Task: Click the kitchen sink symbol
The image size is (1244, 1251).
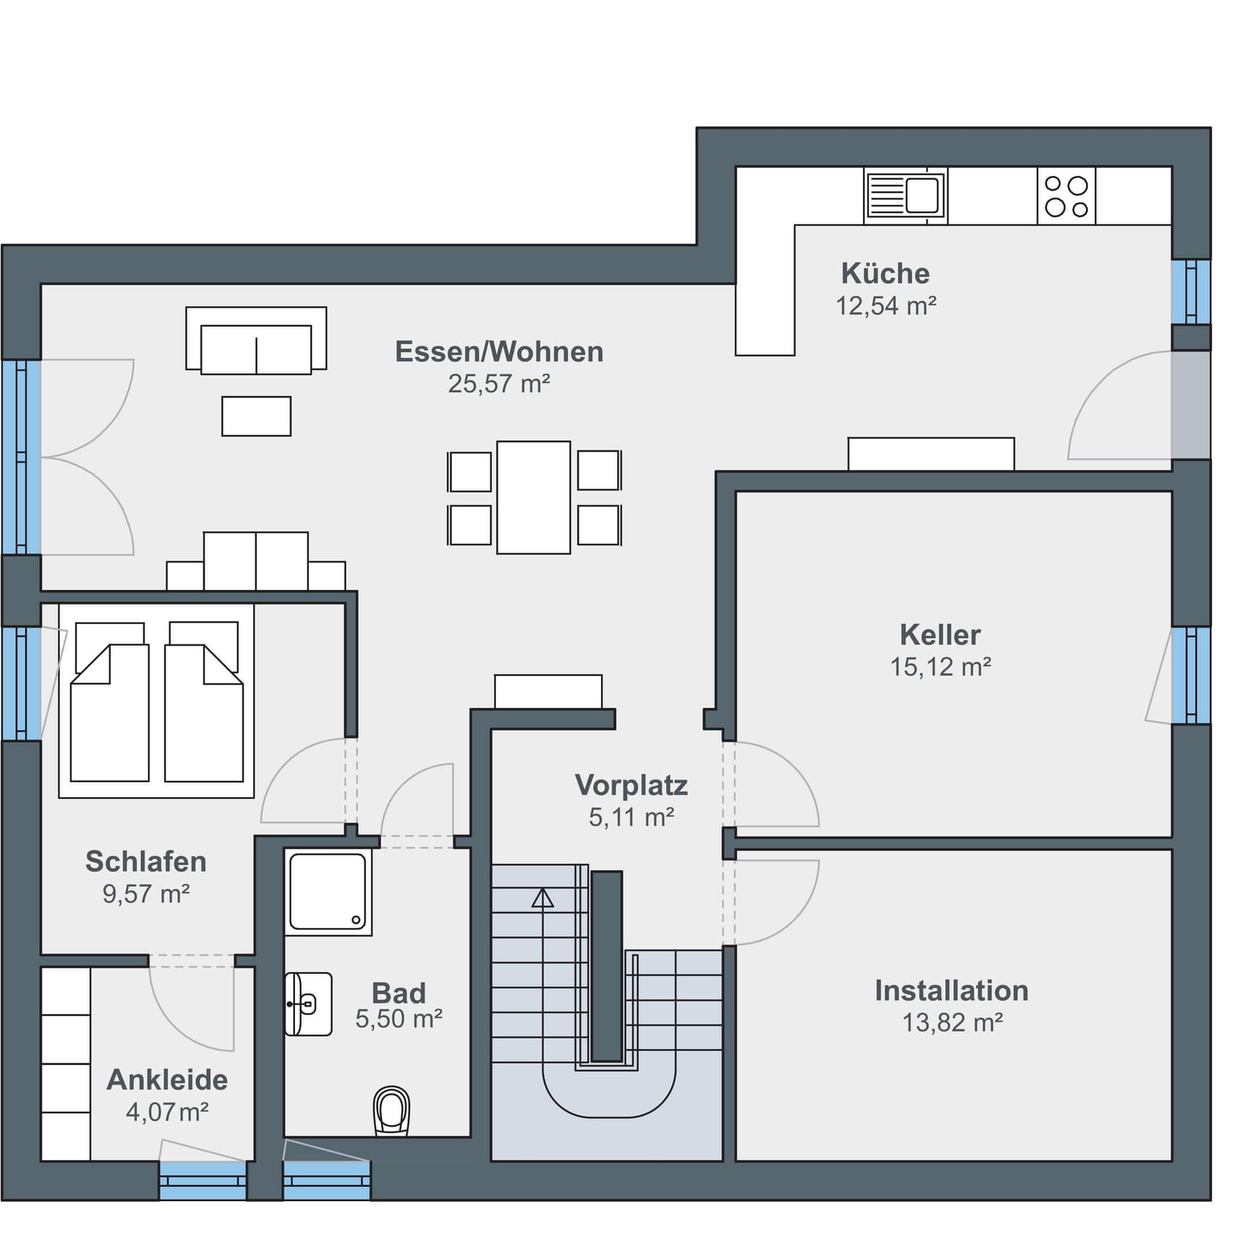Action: (x=905, y=195)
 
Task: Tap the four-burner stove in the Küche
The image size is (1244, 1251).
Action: (x=1066, y=196)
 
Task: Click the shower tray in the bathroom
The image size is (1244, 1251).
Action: (x=328, y=892)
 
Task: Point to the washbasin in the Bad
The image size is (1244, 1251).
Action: (x=308, y=1004)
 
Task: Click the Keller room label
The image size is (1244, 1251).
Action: (x=940, y=634)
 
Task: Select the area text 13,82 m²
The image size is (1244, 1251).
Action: (x=952, y=1022)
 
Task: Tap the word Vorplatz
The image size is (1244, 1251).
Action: (x=631, y=785)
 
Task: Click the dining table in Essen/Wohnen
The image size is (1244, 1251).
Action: (x=534, y=497)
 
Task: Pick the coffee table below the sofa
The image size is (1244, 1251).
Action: (x=256, y=416)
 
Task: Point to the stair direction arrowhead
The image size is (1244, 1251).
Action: (x=542, y=898)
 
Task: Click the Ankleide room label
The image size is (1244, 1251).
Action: (x=167, y=1080)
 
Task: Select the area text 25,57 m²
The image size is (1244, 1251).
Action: (x=499, y=383)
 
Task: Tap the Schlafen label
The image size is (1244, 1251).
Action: (x=146, y=861)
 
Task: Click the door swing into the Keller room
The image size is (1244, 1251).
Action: (x=774, y=785)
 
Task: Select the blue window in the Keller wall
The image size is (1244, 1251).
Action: (x=1190, y=675)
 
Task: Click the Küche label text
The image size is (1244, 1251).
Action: (x=885, y=273)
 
